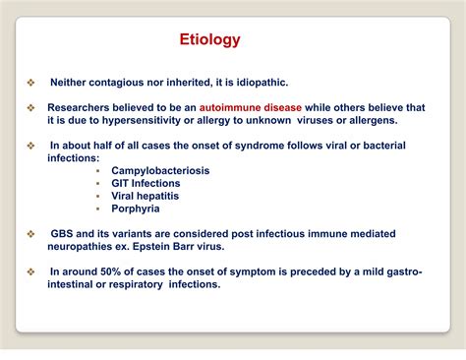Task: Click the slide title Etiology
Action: click(209, 40)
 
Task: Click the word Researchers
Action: click(85, 107)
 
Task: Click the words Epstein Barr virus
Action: click(188, 246)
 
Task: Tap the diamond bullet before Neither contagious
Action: click(30, 83)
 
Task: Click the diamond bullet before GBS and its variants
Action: click(30, 233)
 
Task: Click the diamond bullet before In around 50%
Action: click(30, 271)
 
